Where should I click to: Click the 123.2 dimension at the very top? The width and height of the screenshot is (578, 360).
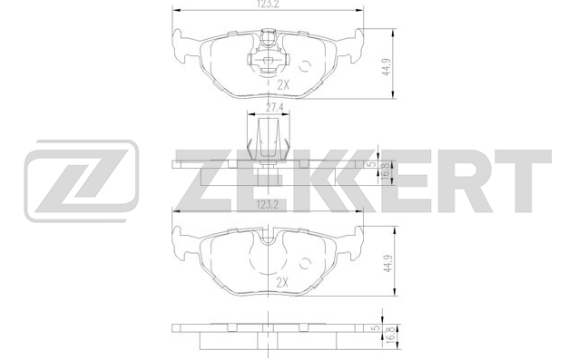[x=268, y=4]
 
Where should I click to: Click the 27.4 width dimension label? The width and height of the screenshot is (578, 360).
[x=275, y=108]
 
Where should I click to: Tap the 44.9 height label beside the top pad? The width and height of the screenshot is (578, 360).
[x=387, y=67]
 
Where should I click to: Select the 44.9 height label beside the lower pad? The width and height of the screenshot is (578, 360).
[x=387, y=264]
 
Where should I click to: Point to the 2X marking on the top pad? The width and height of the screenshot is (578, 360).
[x=283, y=85]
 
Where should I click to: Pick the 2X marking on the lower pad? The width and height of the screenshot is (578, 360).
[x=282, y=283]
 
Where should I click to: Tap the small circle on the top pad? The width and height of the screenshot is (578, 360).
[x=305, y=66]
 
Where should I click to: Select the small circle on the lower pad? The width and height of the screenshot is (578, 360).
[x=305, y=264]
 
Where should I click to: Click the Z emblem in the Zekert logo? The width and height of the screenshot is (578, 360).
[x=82, y=180]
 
